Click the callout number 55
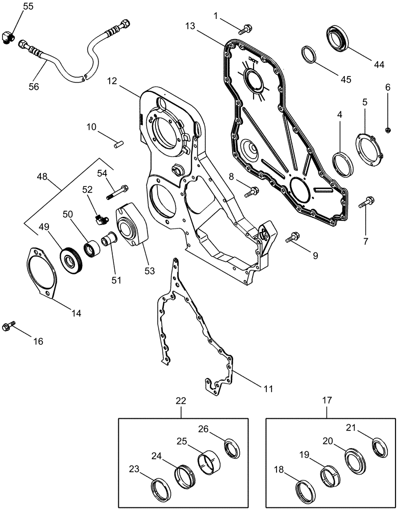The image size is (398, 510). click(x=29, y=7)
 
